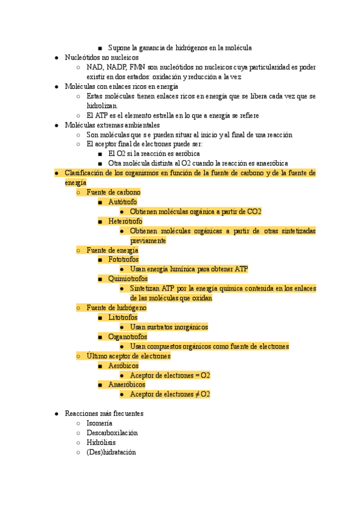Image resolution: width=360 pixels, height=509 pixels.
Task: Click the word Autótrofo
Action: (122, 202)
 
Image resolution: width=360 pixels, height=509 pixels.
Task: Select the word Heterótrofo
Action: (125, 221)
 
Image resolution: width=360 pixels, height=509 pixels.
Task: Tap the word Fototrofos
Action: (124, 260)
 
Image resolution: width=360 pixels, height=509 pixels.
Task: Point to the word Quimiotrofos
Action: (127, 279)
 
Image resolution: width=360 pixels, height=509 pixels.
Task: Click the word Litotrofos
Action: (122, 318)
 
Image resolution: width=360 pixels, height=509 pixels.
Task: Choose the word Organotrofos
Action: (127, 337)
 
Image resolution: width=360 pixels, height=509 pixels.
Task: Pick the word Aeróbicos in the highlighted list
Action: (123, 366)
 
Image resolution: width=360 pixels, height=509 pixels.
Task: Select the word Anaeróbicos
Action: (127, 385)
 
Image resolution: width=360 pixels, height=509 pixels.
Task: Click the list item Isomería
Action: (99, 423)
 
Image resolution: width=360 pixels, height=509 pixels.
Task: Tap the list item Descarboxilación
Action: (112, 433)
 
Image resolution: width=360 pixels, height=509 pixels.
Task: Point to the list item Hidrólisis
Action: (101, 442)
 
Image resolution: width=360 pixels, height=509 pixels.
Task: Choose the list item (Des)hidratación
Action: (111, 452)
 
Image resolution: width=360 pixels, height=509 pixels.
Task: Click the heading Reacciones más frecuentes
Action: (104, 414)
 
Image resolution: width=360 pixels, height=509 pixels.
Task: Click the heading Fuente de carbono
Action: (113, 193)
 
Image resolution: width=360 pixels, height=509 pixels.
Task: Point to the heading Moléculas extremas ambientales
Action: (112, 125)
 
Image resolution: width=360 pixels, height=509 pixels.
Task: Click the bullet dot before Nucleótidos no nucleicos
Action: (55, 58)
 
